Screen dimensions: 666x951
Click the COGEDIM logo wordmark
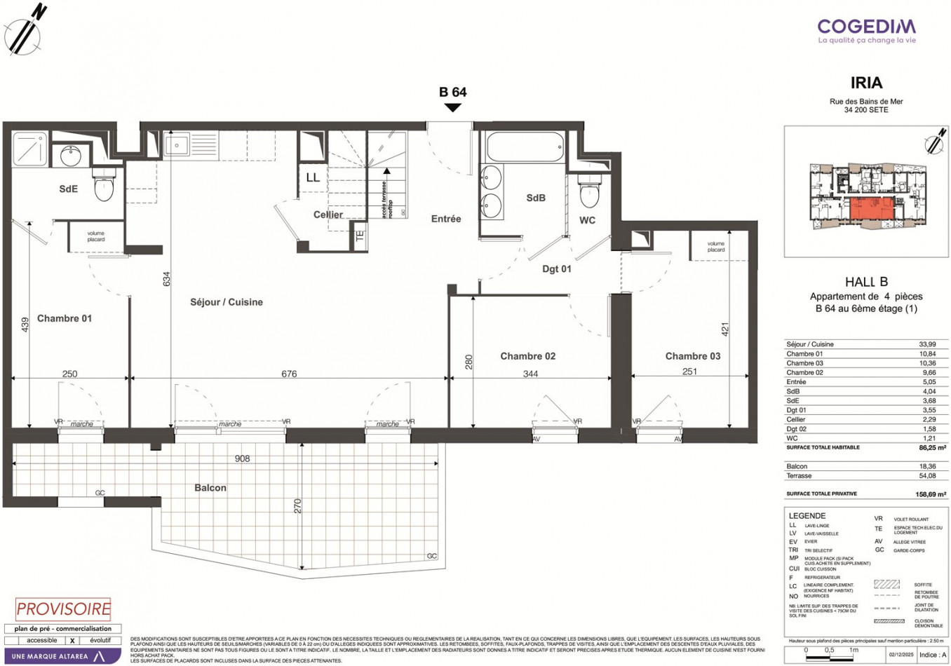[x=866, y=27]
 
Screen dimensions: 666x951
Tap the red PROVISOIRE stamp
[x=64, y=609]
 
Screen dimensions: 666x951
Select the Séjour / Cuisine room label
[x=227, y=302]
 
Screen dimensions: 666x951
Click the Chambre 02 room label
[x=527, y=356]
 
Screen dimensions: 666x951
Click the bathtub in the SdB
[x=522, y=147]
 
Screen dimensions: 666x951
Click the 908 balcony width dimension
[x=242, y=458]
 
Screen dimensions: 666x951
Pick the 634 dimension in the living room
[x=167, y=279]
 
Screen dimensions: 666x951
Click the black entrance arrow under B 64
[x=453, y=107]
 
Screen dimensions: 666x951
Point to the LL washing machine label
[x=313, y=178]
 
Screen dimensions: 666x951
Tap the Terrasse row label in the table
[x=799, y=475]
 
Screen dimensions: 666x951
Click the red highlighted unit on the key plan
[x=872, y=209]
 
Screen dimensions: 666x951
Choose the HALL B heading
[x=866, y=282]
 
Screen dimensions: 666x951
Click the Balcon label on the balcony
[x=210, y=488]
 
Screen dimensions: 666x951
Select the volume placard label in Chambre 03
[x=715, y=247]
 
